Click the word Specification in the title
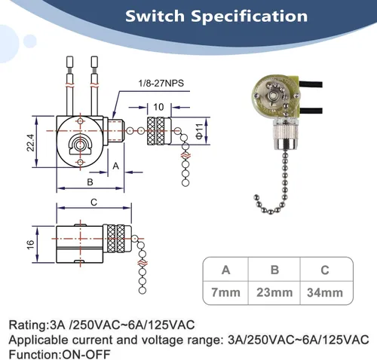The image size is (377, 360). (x=249, y=17)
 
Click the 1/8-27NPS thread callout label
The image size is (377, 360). (x=161, y=83)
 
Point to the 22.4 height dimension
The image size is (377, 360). (x=30, y=142)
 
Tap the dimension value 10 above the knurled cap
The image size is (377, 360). (x=158, y=107)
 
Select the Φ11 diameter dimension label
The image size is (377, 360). (x=199, y=131)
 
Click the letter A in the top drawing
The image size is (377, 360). (x=115, y=166)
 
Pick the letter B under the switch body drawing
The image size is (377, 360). (x=90, y=182)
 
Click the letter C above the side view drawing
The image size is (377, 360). (x=93, y=202)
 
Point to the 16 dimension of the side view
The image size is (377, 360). (x=30, y=245)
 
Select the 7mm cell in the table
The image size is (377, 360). (x=225, y=292)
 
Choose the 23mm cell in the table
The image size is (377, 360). (x=274, y=292)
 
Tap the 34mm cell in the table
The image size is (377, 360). (x=325, y=292)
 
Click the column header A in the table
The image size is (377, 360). (x=225, y=270)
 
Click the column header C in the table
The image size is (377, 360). (x=325, y=270)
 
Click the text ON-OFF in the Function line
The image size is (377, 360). (x=86, y=355)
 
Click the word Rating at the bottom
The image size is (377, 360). (x=28, y=325)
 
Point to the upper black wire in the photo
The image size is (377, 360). (x=311, y=84)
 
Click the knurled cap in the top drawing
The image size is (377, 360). (x=159, y=131)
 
